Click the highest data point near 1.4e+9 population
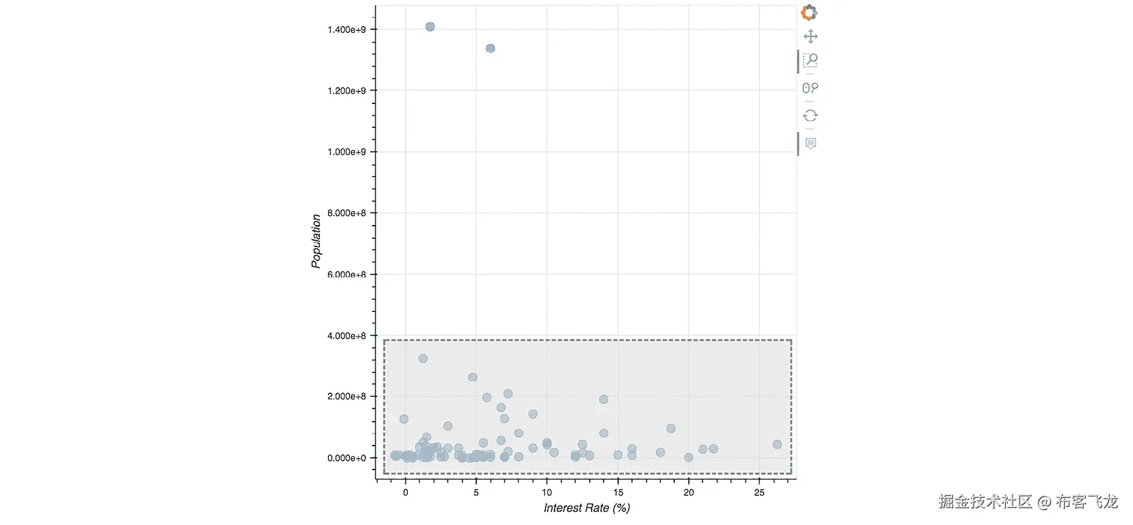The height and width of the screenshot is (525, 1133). pos(430,26)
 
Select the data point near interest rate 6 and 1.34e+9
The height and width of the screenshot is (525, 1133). pos(490,49)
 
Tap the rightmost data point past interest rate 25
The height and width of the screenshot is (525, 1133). pos(777,444)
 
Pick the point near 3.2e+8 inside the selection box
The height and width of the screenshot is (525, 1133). pos(423,359)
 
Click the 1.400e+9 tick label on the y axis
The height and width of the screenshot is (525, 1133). pos(346,30)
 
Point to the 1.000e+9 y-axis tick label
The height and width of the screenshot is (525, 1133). pos(346,152)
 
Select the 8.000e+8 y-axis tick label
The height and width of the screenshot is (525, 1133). pos(346,213)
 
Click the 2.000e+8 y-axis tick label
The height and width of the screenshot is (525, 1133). pos(346,396)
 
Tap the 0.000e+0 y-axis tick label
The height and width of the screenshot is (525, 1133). pos(346,458)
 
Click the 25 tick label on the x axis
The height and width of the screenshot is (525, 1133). pos(759,492)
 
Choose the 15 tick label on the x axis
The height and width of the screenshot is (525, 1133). pos(618,492)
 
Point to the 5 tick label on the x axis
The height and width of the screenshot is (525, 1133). pos(476,492)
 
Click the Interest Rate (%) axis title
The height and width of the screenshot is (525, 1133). pos(587,508)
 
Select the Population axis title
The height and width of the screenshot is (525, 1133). pos(316,241)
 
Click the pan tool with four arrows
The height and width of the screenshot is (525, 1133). pos(811,36)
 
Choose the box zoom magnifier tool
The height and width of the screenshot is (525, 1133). pos(811,61)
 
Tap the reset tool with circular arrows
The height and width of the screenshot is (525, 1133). pos(811,115)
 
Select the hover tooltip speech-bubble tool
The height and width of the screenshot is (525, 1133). pos(811,143)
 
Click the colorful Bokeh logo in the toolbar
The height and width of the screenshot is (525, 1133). pos(809,13)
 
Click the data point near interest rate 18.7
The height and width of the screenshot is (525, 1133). pos(671,429)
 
